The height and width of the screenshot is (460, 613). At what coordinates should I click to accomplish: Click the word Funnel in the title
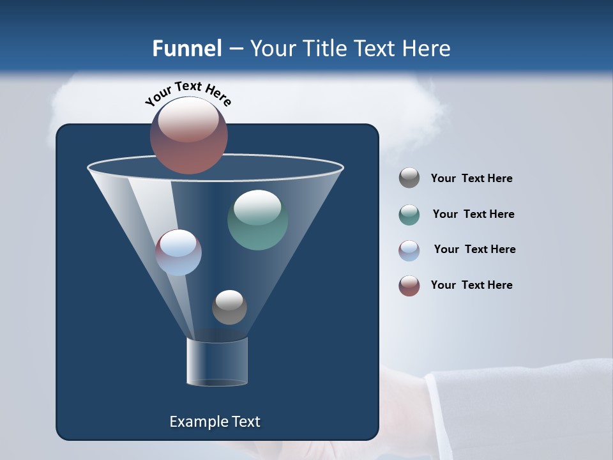point(187,49)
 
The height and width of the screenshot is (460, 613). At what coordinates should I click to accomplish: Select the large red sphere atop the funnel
point(189,135)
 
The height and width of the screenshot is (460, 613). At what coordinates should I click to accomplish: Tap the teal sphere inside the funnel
point(257,220)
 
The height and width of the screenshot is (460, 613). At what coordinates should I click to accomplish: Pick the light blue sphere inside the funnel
point(179,252)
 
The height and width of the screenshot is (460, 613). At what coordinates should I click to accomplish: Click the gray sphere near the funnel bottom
point(229,307)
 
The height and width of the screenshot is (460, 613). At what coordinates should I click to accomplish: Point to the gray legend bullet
point(409,178)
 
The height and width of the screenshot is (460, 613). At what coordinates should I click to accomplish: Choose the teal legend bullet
point(409,215)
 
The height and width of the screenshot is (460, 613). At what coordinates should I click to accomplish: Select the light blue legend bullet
point(409,250)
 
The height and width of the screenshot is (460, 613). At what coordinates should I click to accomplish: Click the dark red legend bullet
point(409,286)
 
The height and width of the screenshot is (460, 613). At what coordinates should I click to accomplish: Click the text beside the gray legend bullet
point(471,179)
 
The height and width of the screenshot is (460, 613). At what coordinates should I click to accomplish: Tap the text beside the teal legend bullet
point(473,215)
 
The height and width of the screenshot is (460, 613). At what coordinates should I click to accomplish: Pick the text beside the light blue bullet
point(474,250)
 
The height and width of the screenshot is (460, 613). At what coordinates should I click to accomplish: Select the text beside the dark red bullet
point(471,286)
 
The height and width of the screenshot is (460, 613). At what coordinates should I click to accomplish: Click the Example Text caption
point(215,422)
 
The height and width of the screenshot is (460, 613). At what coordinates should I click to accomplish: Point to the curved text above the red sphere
point(188,93)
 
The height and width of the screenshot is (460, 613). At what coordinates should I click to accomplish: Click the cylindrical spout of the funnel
point(217,362)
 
